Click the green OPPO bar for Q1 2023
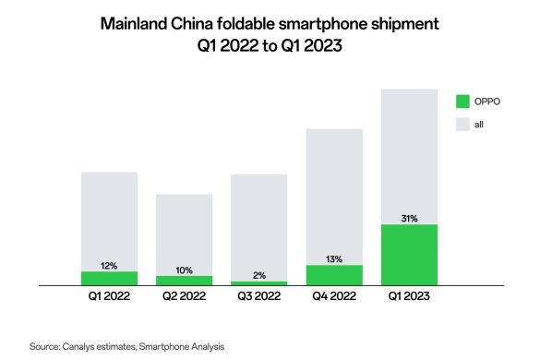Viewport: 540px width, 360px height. (409, 255)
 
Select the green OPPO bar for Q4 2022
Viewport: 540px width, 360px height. (334, 275)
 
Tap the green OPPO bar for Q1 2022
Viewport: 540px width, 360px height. (109, 279)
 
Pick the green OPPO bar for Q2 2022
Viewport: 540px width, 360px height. (185, 281)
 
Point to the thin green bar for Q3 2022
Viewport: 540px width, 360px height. (259, 283)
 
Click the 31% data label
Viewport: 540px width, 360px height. (409, 219)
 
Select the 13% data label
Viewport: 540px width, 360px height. (334, 259)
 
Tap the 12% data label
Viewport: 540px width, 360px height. (109, 266)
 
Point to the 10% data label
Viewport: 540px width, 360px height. (185, 270)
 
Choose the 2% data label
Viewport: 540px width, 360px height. (259, 276)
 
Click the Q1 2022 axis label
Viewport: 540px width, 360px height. (109, 296)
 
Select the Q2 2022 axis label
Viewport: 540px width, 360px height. (185, 296)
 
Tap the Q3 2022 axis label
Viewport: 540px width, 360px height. (259, 296)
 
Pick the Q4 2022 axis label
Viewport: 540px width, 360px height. (334, 296)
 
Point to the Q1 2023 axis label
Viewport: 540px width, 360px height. (409, 296)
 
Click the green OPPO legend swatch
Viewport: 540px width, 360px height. (462, 102)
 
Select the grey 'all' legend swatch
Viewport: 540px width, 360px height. (462, 125)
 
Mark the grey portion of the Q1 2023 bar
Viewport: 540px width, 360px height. (409, 157)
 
